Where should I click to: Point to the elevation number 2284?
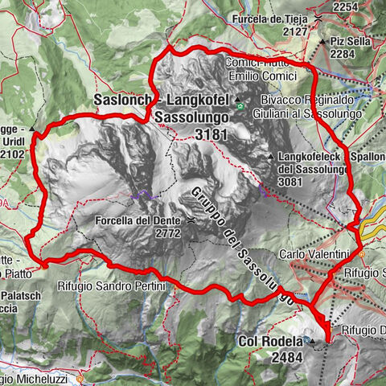point(343,54)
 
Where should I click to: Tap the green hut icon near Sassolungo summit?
point(239,103)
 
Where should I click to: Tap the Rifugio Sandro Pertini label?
point(111,286)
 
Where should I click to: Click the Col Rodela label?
point(270,340)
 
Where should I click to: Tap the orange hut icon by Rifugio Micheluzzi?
point(81,376)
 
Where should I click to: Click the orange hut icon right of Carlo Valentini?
point(362,254)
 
